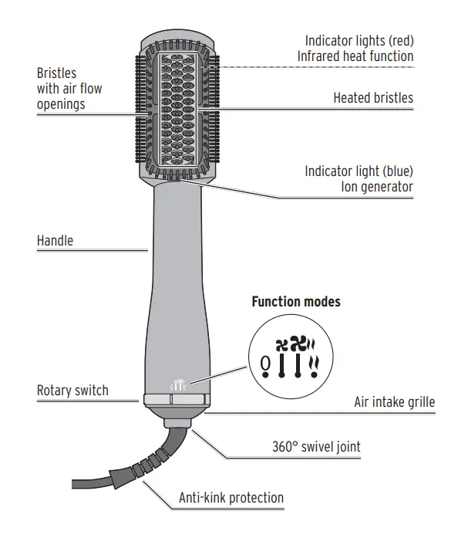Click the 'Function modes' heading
(x=296, y=302)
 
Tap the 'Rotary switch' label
(x=72, y=391)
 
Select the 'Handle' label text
(x=56, y=241)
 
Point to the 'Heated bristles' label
(x=373, y=98)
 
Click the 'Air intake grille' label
(x=394, y=402)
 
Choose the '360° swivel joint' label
(x=316, y=446)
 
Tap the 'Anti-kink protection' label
(x=231, y=498)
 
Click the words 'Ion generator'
(x=376, y=187)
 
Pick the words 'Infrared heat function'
(x=355, y=56)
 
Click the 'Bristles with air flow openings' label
(x=69, y=89)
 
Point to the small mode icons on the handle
(x=177, y=382)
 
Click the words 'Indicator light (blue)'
(x=359, y=171)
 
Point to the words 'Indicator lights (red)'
(x=359, y=40)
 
